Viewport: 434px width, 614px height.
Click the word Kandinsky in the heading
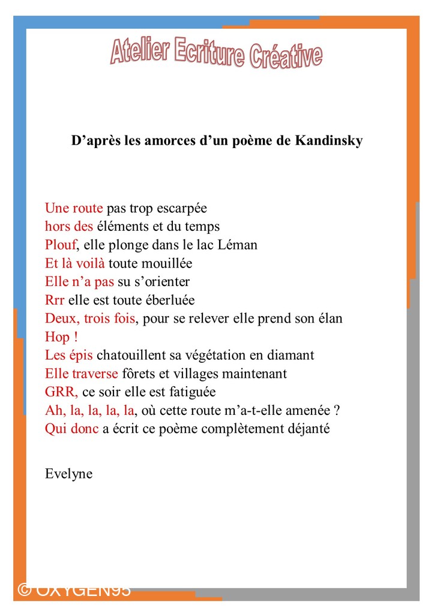click(x=329, y=142)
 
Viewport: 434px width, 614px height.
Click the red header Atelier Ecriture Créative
click(x=216, y=53)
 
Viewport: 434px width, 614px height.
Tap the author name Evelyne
click(x=68, y=474)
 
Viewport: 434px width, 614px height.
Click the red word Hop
click(x=58, y=337)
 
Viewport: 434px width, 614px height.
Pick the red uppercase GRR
click(x=61, y=392)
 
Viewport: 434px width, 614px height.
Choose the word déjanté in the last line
click(x=306, y=429)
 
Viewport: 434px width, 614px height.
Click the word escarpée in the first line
click(x=181, y=208)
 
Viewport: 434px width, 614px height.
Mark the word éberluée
click(x=168, y=300)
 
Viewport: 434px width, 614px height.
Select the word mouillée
click(x=166, y=263)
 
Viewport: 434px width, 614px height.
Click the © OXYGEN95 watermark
click(x=74, y=590)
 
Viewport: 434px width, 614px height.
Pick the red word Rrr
click(x=55, y=300)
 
